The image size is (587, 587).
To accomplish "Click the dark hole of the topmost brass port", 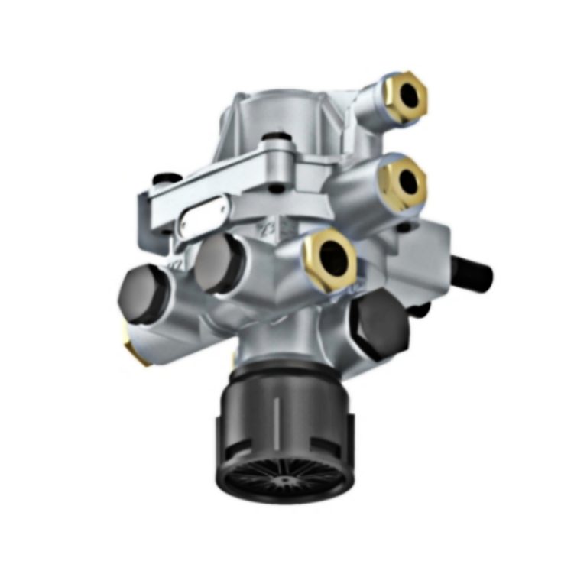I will tap(411, 95).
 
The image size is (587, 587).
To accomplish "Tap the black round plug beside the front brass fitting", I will tap(217, 261).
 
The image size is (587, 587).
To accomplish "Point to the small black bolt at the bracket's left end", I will tap(162, 180).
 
